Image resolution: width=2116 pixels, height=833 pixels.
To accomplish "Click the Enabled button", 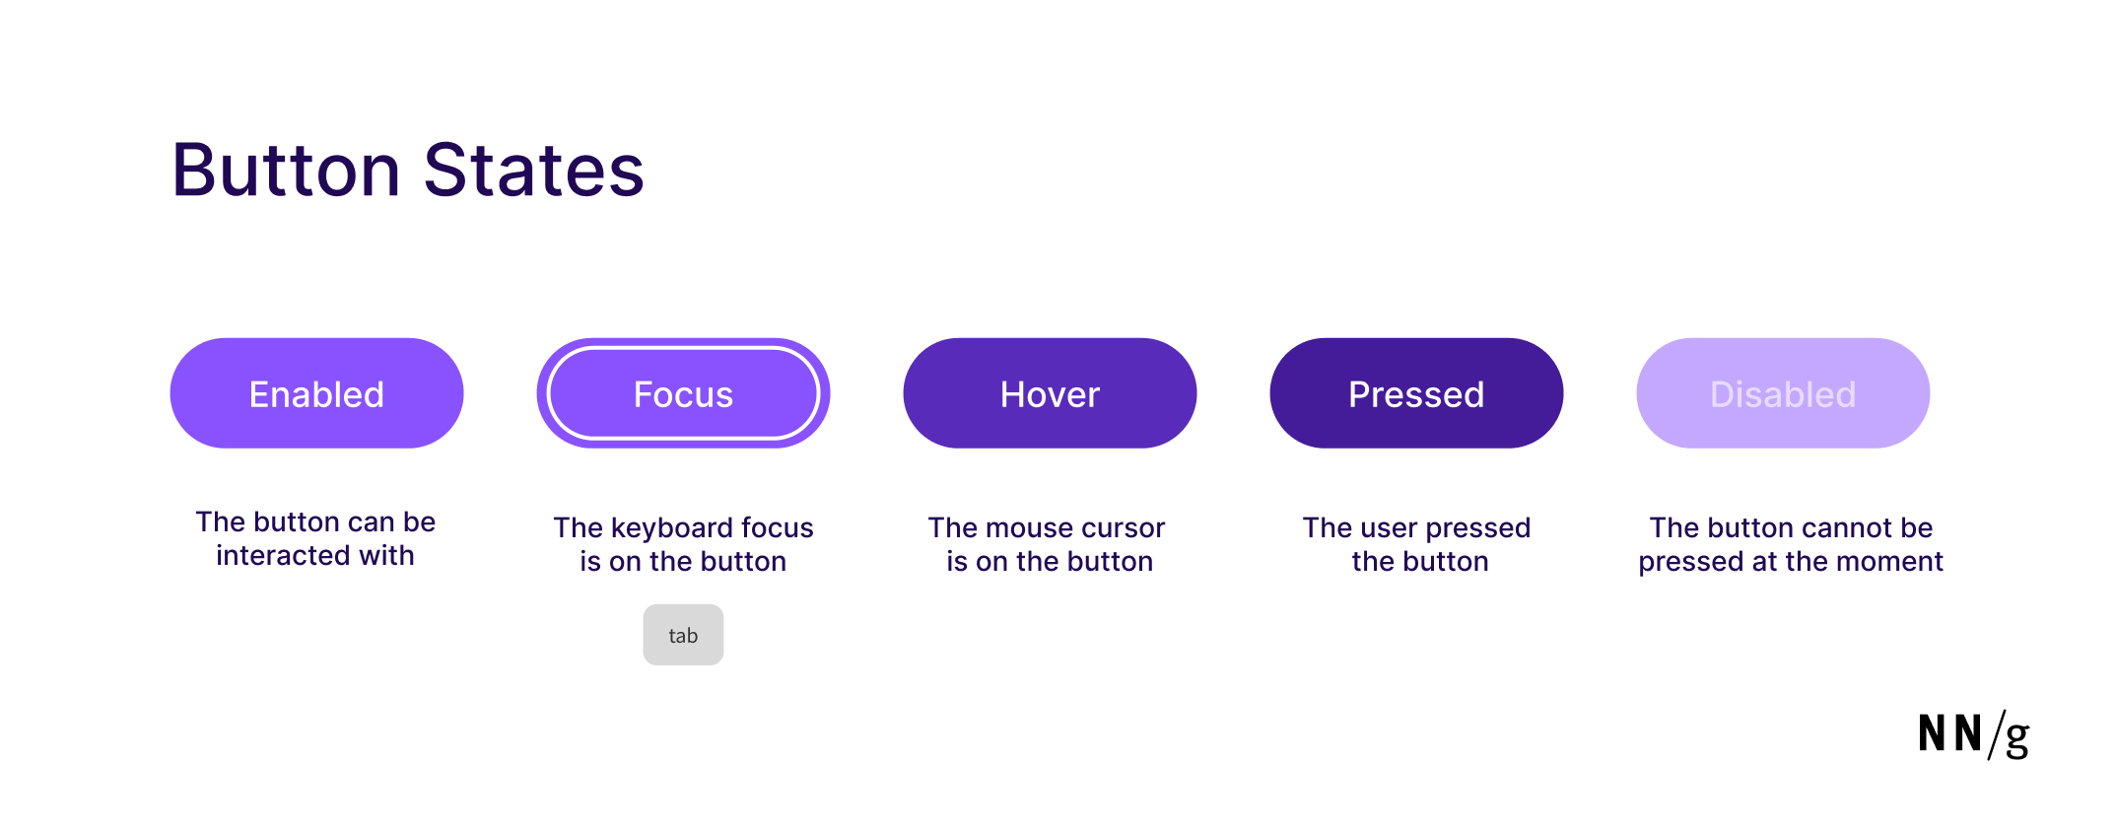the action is point(316,393).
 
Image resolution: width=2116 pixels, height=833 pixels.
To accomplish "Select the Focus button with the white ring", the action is point(683,393).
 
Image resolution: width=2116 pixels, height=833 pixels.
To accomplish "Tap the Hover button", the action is point(1050,393).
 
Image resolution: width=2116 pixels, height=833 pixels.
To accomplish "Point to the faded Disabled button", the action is point(1783,393).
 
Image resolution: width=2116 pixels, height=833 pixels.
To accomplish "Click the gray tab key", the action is point(683,635).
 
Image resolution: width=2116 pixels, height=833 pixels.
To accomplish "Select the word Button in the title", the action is point(286,170).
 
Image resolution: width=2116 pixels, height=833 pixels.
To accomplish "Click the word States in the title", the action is point(533,170).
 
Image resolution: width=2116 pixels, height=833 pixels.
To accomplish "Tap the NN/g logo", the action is point(1973,734).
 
